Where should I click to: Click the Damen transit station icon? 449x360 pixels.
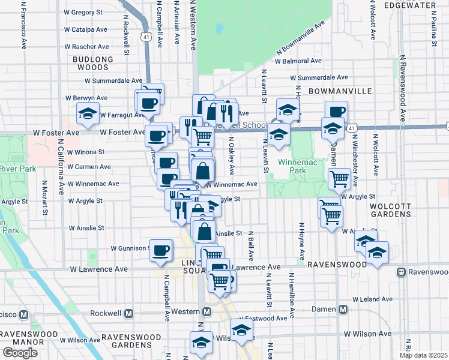[343, 310]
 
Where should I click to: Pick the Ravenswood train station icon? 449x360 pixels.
[400, 272]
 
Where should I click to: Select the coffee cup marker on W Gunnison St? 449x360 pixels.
[160, 250]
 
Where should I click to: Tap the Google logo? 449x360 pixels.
[20, 353]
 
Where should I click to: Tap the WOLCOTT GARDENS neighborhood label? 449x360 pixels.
[390, 209]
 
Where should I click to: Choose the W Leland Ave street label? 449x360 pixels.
[372, 298]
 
